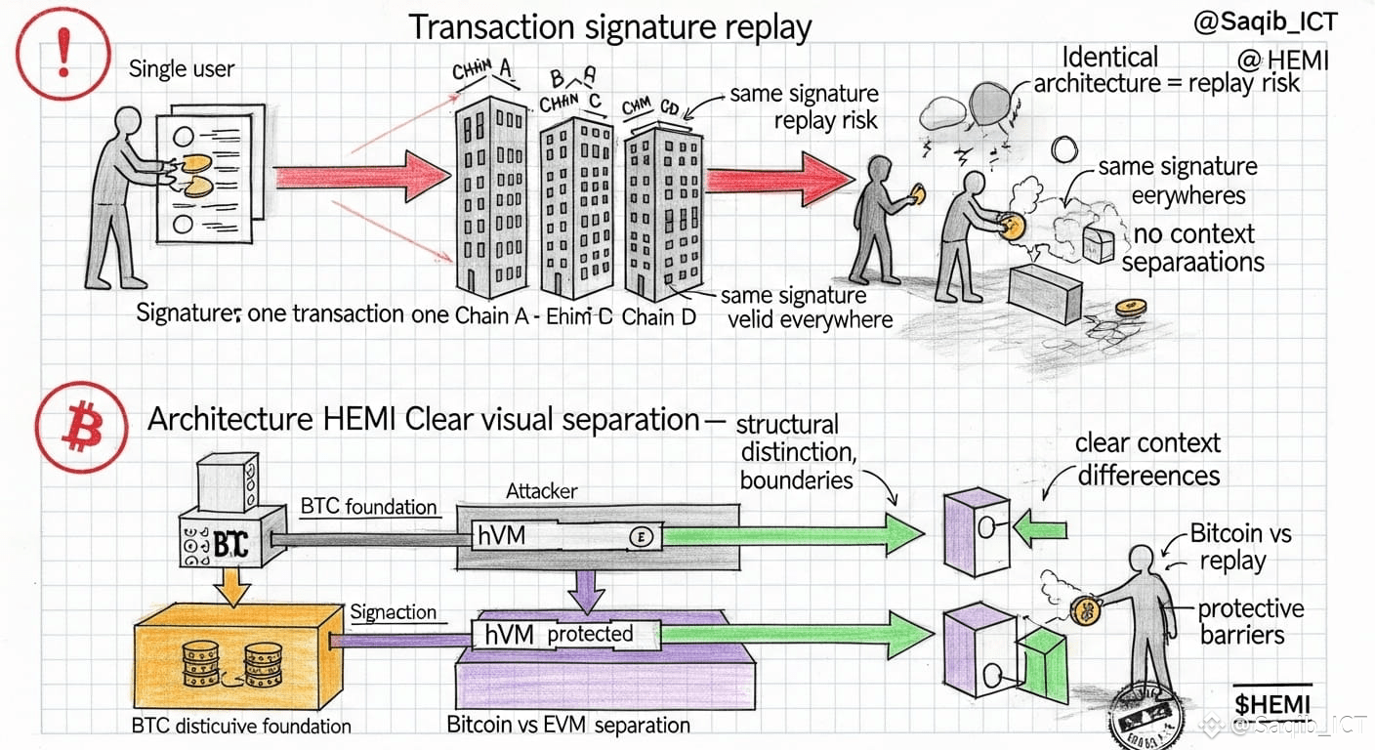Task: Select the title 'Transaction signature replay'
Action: point(609,26)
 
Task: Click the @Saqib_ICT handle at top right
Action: point(1265,22)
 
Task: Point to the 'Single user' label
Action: point(182,69)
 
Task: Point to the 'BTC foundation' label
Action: point(368,507)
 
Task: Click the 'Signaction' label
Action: point(393,612)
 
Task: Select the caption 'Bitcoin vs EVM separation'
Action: point(567,726)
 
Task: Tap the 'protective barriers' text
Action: point(1250,622)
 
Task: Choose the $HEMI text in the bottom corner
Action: point(1272,703)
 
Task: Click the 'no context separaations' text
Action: point(1193,248)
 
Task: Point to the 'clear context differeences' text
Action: point(1148,459)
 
